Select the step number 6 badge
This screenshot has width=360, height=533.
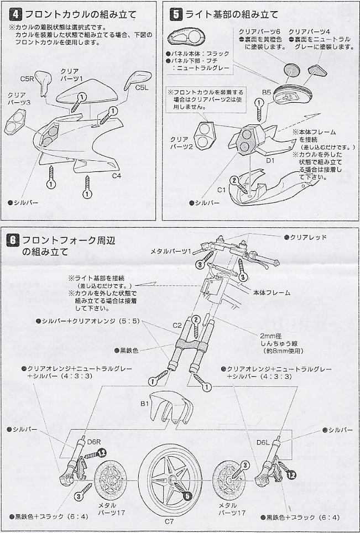point(13,239)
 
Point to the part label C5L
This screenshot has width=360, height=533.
point(142,87)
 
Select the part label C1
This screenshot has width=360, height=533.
point(221,190)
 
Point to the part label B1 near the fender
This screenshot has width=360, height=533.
point(145,404)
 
